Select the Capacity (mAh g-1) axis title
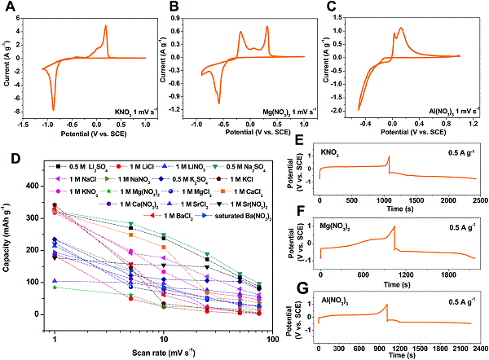(11, 244)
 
